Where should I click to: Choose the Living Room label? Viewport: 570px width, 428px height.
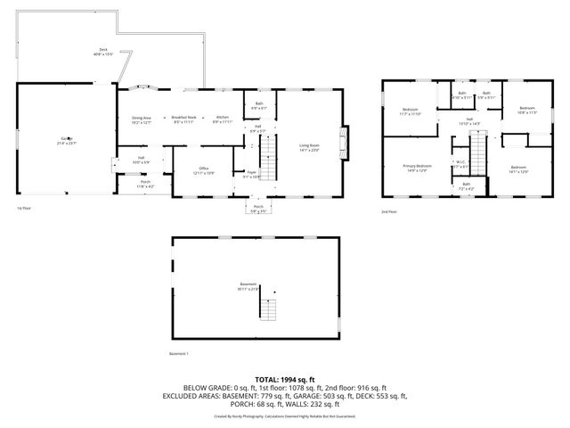(x=309, y=147)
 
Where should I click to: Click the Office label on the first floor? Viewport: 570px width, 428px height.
(x=204, y=170)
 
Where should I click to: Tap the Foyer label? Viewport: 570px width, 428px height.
(x=252, y=175)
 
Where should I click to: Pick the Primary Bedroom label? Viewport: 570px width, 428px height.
(x=418, y=168)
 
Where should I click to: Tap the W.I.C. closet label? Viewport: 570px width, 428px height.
(x=461, y=164)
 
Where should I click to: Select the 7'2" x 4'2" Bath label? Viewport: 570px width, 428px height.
(x=467, y=186)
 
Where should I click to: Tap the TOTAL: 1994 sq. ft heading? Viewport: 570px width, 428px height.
(x=285, y=380)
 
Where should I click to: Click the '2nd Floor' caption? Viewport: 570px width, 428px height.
(x=389, y=210)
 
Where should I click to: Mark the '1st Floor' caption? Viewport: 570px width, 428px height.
(x=24, y=209)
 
